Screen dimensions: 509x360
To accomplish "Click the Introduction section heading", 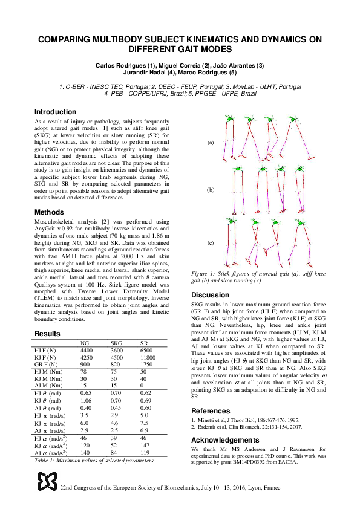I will [x=55, y=112].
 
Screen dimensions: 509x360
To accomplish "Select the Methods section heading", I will [x=49, y=212].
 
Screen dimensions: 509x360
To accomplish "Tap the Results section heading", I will [x=47, y=333].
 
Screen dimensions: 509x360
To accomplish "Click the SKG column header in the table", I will [x=117, y=343].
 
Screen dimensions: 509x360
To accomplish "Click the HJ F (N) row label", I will [x=45, y=350].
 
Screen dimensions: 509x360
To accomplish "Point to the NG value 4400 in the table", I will [x=87, y=350].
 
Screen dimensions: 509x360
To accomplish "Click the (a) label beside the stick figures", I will [x=211, y=143].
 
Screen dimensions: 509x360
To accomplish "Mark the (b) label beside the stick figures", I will [x=211, y=190].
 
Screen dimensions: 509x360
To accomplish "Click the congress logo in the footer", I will [x=48, y=481].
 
